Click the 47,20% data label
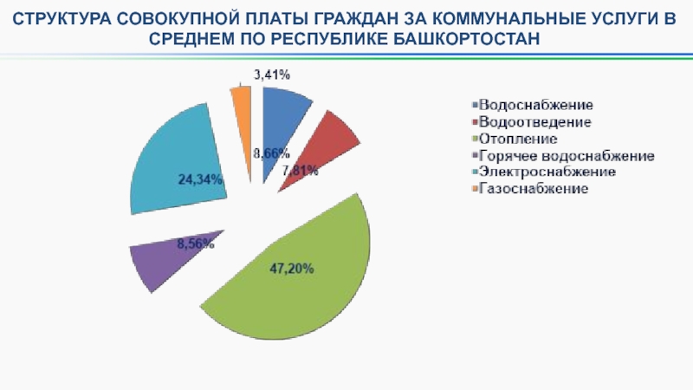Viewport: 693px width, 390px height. click(x=291, y=269)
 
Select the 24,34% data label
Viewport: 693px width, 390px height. click(x=200, y=179)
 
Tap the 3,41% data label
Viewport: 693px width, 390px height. click(x=270, y=75)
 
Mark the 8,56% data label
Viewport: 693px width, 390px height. click(x=195, y=244)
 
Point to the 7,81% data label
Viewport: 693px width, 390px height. click(x=301, y=171)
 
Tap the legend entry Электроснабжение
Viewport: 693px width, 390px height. click(x=546, y=172)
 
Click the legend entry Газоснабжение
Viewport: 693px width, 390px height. click(x=532, y=189)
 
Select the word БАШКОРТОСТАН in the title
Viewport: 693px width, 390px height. click(x=468, y=40)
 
